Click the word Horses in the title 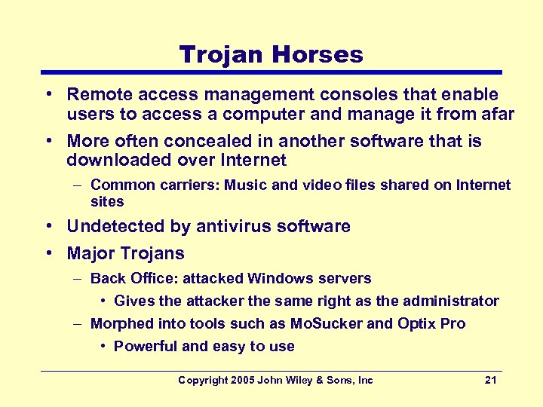pyautogui.click(x=321, y=54)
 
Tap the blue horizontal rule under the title pyautogui.click(x=271, y=72)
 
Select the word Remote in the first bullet pyautogui.click(x=96, y=95)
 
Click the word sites pyautogui.click(x=107, y=202)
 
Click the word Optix pyautogui.click(x=414, y=324)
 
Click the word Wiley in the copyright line pyautogui.click(x=303, y=381)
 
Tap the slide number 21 pyautogui.click(x=490, y=381)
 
